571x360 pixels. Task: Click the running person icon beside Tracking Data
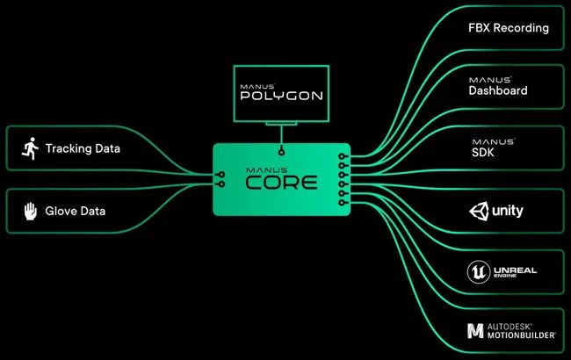[30, 148]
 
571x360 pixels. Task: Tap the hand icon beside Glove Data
[31, 211]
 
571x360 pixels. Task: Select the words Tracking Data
[83, 148]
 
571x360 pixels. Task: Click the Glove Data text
[76, 211]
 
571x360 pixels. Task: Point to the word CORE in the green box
[281, 183]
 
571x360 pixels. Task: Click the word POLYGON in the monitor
[281, 96]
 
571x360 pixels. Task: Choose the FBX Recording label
[509, 28]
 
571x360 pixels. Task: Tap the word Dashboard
[498, 90]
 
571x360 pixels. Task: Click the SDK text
[483, 153]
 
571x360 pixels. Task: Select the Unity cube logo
[479, 211]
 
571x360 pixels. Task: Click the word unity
[508, 211]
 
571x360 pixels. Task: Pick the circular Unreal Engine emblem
[479, 271]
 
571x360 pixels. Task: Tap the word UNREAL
[516, 270]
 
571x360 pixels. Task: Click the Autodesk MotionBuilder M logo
[475, 330]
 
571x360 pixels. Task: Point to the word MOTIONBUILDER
[521, 335]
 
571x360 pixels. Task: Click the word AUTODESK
[510, 327]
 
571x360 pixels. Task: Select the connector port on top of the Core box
[281, 151]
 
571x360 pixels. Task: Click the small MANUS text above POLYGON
[257, 87]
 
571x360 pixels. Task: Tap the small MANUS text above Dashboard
[490, 80]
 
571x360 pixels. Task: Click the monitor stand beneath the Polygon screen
[281, 124]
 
